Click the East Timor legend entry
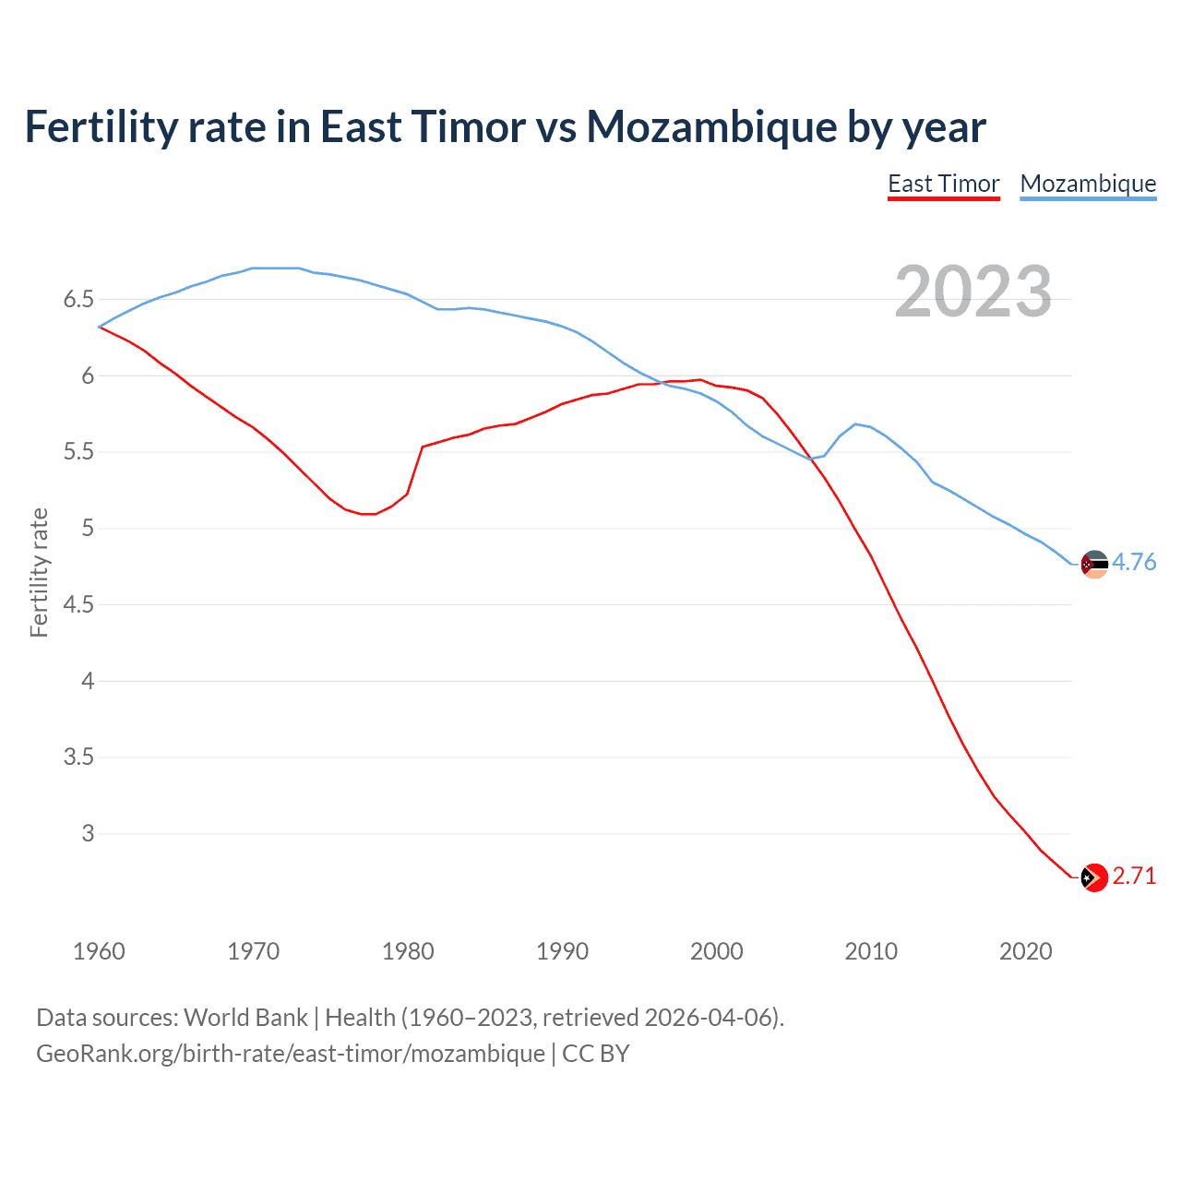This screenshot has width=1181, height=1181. (943, 184)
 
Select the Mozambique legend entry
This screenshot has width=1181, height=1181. (1088, 184)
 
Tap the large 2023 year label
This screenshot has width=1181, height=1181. (972, 292)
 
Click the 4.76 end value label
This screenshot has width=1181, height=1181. (1134, 562)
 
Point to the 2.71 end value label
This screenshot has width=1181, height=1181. (1134, 876)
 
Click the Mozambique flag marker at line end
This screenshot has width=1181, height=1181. (1094, 564)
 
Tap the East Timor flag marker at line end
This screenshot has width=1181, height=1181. (1094, 877)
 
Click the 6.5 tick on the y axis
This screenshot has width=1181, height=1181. (78, 299)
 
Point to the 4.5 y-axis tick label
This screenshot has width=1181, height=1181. (78, 604)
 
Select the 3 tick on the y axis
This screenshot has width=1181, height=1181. (88, 833)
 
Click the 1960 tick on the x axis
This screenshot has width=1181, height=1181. (99, 951)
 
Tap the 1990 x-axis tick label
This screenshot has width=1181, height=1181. (562, 951)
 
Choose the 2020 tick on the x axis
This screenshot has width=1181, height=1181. (1025, 951)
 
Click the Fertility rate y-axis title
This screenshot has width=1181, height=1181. (39, 572)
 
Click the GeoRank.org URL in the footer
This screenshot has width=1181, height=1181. (291, 1053)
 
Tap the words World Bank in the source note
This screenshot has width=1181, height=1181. (245, 1018)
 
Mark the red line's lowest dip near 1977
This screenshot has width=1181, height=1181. (368, 514)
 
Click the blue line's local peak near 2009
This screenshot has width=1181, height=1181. (856, 423)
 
